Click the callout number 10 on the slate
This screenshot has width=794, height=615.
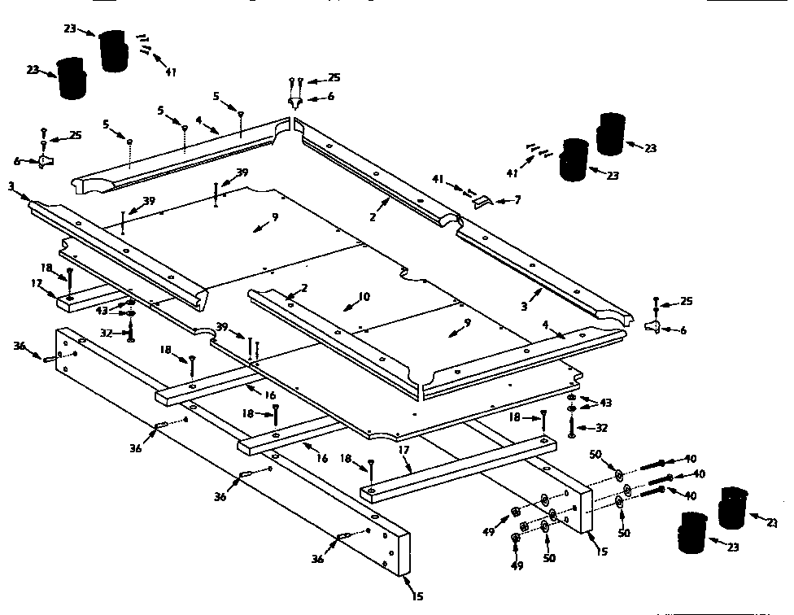pos(363,297)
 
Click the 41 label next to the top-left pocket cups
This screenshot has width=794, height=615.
pos(170,72)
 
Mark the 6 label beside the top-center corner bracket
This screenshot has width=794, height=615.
pos(332,96)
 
